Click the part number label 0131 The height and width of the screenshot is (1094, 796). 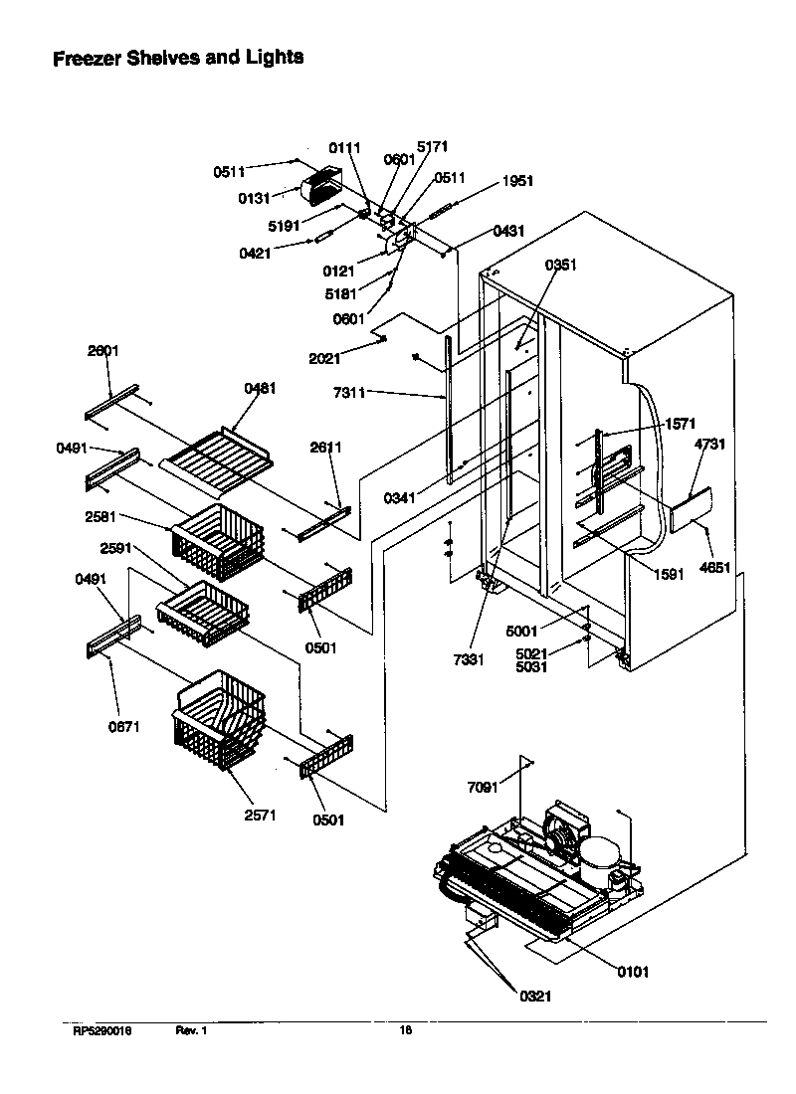coord(254,198)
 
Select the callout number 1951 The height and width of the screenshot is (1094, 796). coord(516,181)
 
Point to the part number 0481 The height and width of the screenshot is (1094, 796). coord(260,388)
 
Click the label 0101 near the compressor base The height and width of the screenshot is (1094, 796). coord(632,972)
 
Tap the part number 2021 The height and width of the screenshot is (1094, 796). coord(323,359)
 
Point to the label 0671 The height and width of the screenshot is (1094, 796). coord(124,726)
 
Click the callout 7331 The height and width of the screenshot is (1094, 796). coord(467,659)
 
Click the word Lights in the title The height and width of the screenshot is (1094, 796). coord(270,58)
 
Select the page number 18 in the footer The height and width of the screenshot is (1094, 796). coord(405,1031)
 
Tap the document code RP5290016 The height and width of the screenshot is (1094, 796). coord(101,1031)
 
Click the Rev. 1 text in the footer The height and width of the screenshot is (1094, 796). coord(191,1031)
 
